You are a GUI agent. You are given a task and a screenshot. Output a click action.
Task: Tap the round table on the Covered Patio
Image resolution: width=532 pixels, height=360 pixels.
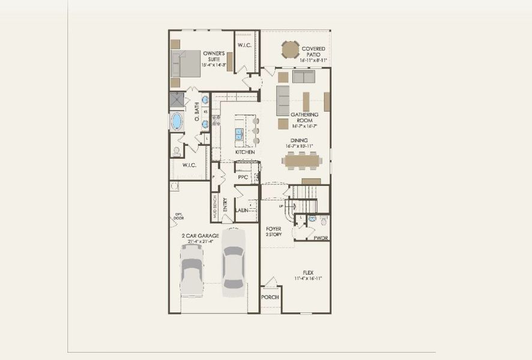click(x=291, y=49)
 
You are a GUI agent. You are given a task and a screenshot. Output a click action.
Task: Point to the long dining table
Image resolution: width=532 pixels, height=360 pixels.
click(x=306, y=159)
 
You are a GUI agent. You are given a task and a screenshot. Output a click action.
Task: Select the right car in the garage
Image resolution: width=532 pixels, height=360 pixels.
click(x=233, y=261)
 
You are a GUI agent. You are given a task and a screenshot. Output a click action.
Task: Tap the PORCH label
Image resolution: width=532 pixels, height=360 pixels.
click(x=270, y=298)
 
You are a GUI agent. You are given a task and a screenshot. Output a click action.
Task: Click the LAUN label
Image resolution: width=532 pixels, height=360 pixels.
click(x=242, y=211)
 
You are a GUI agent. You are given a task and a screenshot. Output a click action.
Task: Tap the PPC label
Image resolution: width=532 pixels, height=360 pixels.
click(x=243, y=178)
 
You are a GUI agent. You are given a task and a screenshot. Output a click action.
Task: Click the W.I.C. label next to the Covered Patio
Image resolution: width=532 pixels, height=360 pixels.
click(x=244, y=46)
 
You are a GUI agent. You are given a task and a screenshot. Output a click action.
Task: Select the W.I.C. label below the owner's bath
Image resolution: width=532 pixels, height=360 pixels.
click(x=189, y=165)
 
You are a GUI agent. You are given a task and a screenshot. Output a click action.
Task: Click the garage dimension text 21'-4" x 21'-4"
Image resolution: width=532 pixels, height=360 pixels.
click(x=200, y=241)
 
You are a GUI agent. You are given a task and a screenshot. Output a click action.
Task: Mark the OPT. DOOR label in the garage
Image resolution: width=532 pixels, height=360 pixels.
click(x=179, y=217)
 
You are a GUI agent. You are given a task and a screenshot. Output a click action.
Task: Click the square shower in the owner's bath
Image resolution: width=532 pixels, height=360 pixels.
click(x=177, y=100)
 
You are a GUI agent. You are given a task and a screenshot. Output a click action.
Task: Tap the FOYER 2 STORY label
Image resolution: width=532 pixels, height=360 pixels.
click(x=274, y=231)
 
